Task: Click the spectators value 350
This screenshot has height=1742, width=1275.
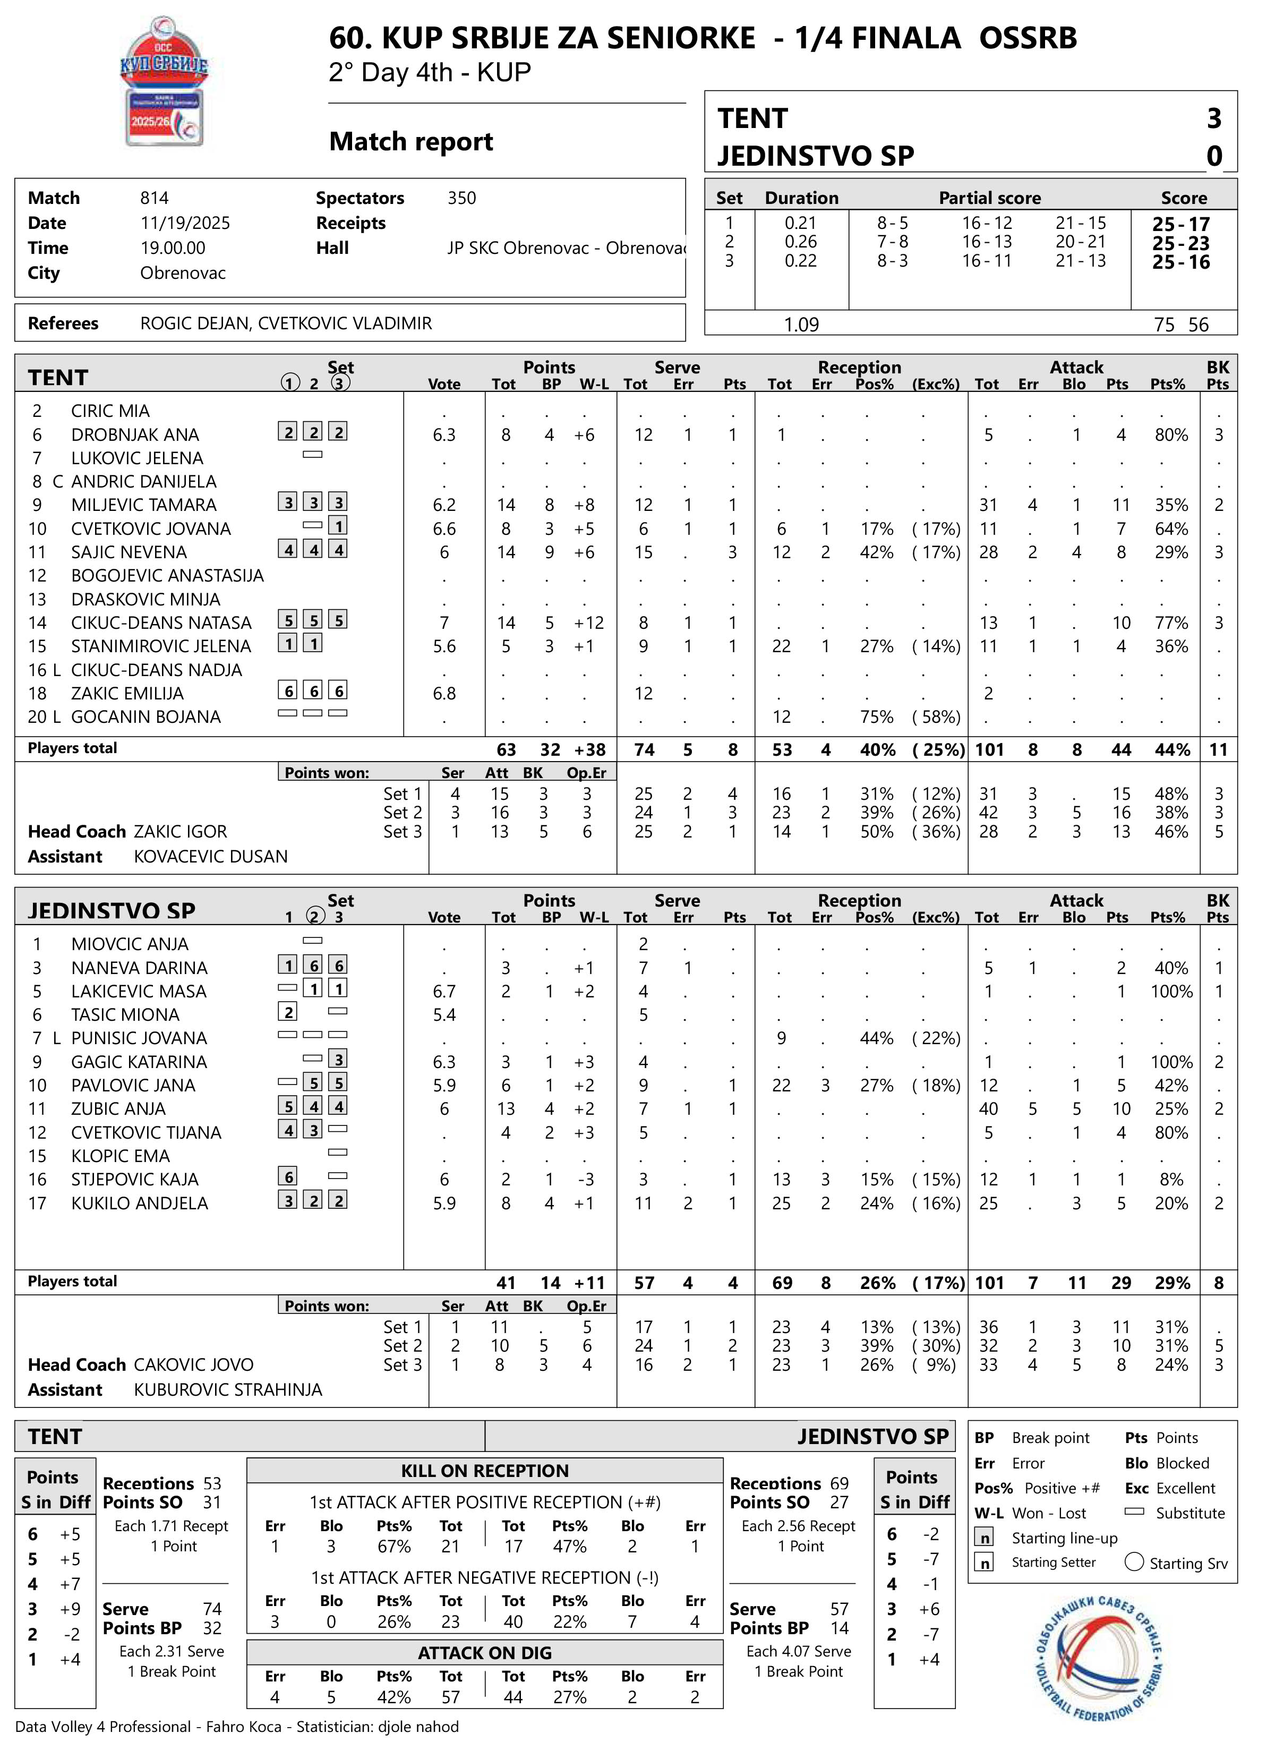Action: (x=461, y=198)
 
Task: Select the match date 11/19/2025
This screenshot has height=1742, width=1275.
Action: (x=185, y=223)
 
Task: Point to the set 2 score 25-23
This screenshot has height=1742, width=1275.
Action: (x=1181, y=243)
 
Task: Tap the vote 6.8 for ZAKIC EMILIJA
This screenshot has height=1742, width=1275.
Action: (x=444, y=693)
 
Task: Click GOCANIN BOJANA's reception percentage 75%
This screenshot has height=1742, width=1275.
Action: (x=876, y=717)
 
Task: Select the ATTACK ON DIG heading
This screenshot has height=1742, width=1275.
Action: (x=485, y=1652)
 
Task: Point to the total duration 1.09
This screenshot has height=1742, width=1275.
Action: (x=801, y=325)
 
